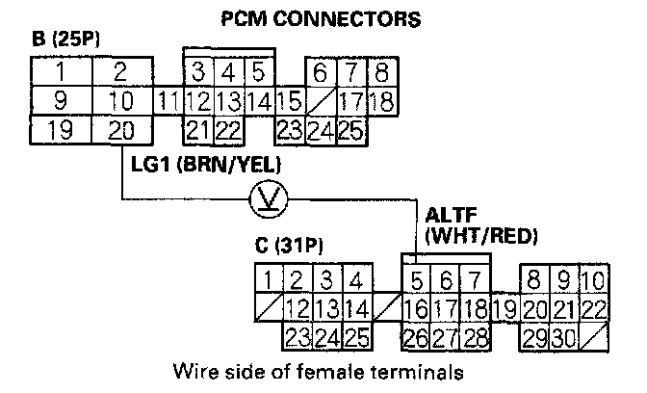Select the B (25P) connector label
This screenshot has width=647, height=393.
point(68,43)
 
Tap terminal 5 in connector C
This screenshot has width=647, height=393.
point(415,281)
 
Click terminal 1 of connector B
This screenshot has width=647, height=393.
point(61,72)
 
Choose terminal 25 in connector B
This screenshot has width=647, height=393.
point(349,130)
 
